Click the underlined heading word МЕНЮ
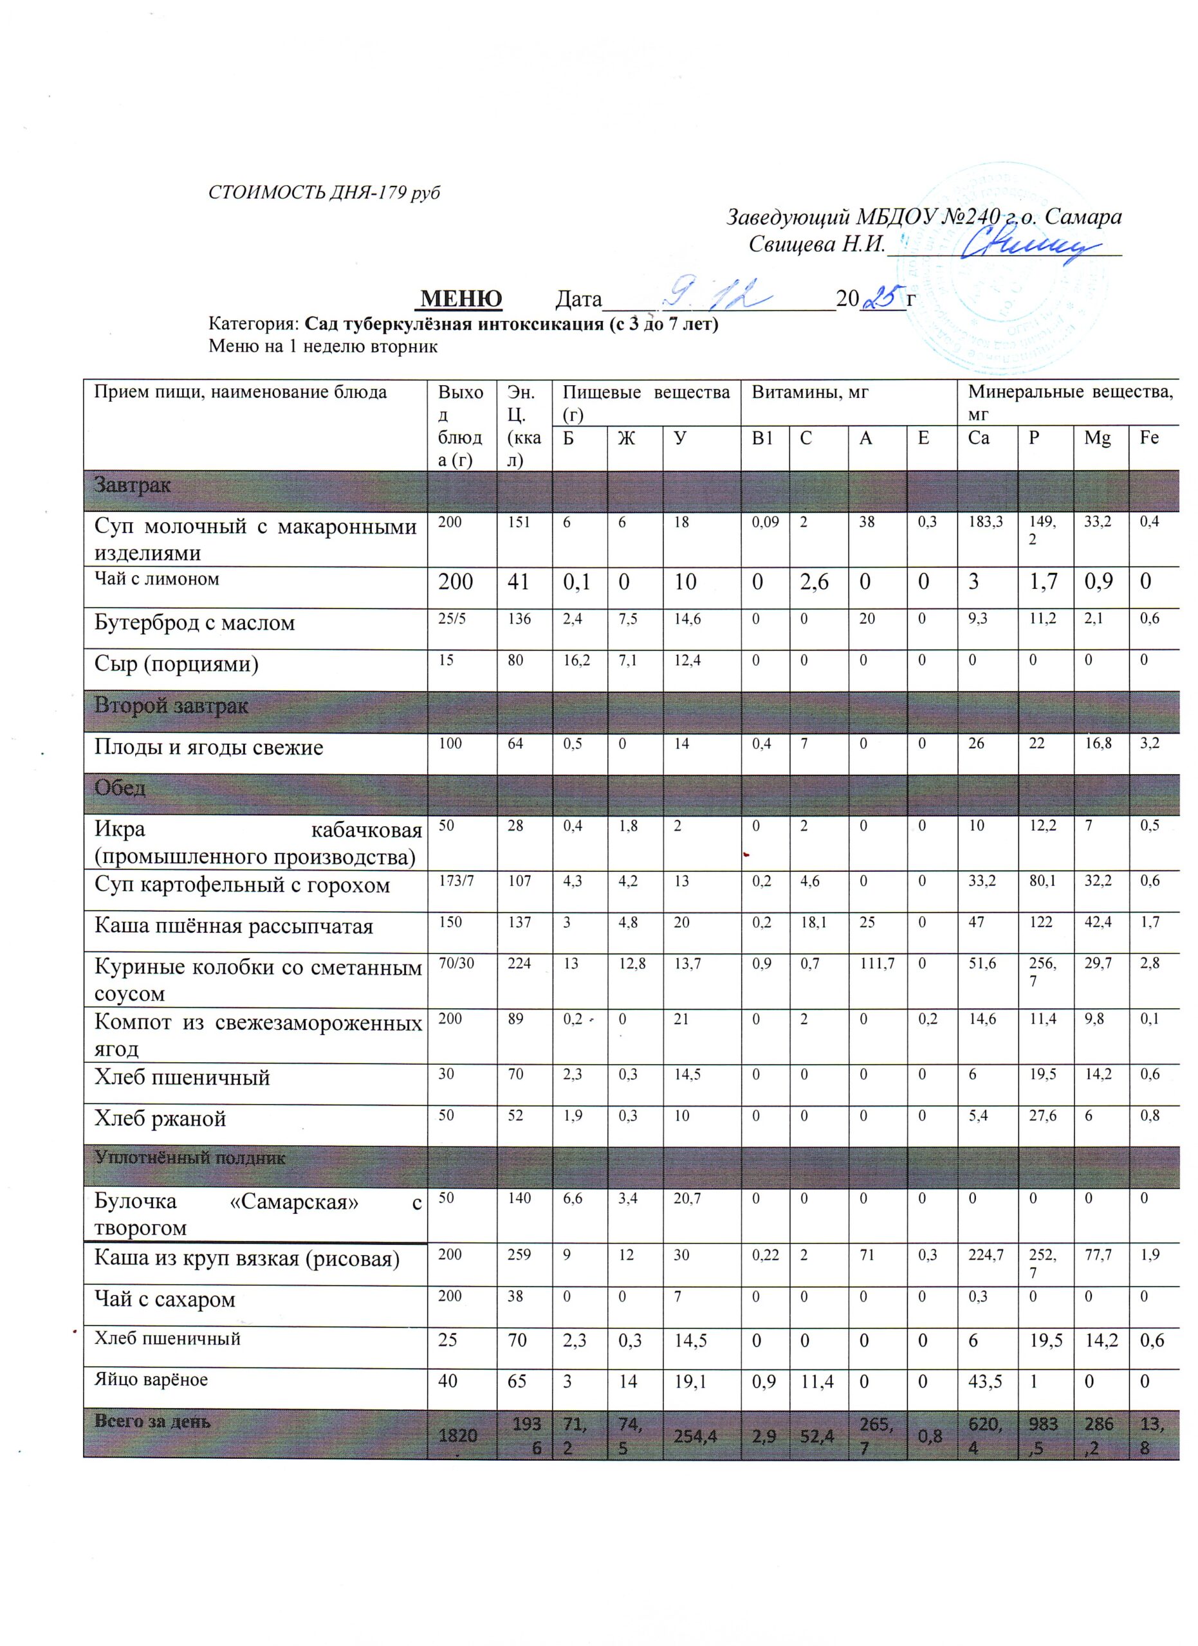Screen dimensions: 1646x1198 point(461,298)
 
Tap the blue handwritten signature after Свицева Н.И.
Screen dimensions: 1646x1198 point(1024,247)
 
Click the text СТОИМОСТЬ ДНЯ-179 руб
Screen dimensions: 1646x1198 point(324,192)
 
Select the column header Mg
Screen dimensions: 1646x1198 point(1097,438)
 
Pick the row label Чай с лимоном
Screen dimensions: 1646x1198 point(157,579)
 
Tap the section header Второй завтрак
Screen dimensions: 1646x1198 point(171,705)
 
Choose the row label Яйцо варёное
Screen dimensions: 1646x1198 point(151,1380)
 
